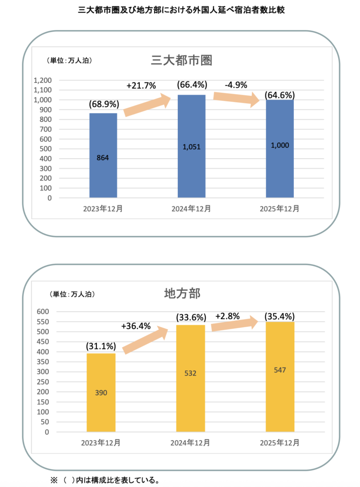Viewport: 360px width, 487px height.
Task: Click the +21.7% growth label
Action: coord(141,86)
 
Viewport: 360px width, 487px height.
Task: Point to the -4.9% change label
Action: coord(236,85)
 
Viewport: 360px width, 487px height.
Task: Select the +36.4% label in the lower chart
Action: coord(136,326)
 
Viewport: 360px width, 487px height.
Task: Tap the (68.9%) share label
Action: coord(104,104)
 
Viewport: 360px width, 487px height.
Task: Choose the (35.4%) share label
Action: coord(280,316)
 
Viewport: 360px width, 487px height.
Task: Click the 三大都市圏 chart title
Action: coord(181,60)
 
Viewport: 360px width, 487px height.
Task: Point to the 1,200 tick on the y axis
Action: coord(43,80)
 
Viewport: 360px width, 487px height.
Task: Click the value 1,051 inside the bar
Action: coord(192,147)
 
